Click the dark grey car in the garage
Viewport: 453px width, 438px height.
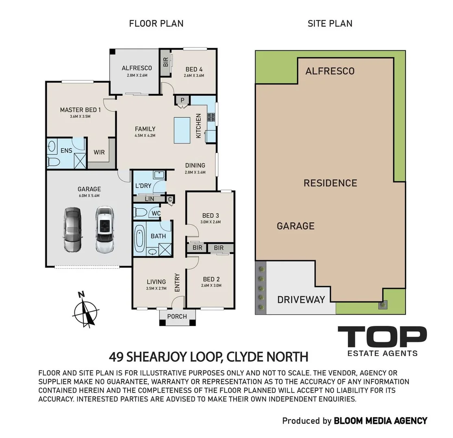(x=72, y=230)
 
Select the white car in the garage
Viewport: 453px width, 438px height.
(x=105, y=230)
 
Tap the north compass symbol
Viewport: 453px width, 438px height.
(x=85, y=310)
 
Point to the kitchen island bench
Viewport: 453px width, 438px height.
(x=182, y=130)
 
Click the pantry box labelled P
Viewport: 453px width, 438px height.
(x=182, y=101)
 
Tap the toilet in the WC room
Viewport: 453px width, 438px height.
(x=141, y=213)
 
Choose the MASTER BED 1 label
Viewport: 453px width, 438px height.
(x=80, y=110)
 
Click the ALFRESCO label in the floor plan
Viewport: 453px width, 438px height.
(x=137, y=68)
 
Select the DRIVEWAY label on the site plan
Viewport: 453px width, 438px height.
(x=301, y=300)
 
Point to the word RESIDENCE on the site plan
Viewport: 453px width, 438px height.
(x=330, y=183)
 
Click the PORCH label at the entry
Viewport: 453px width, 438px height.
(x=177, y=316)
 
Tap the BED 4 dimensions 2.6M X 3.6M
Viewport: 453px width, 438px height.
(x=194, y=76)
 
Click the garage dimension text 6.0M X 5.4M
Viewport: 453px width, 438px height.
(x=89, y=196)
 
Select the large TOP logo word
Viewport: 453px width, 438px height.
(x=382, y=337)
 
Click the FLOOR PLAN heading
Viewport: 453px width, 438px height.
(x=156, y=24)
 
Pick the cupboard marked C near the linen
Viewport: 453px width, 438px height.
(x=170, y=199)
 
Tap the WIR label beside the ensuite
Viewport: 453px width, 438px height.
(x=99, y=152)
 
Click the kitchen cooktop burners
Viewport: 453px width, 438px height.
(x=211, y=117)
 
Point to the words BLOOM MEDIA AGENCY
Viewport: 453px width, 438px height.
(x=381, y=421)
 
